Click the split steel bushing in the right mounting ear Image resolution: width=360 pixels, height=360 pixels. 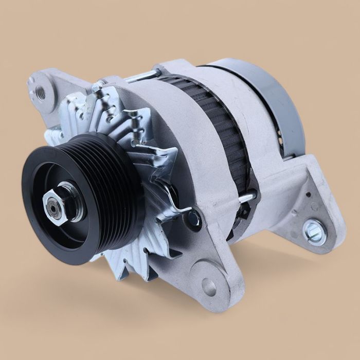pos(313,231)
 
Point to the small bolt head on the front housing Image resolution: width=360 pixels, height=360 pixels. pos(193,219)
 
